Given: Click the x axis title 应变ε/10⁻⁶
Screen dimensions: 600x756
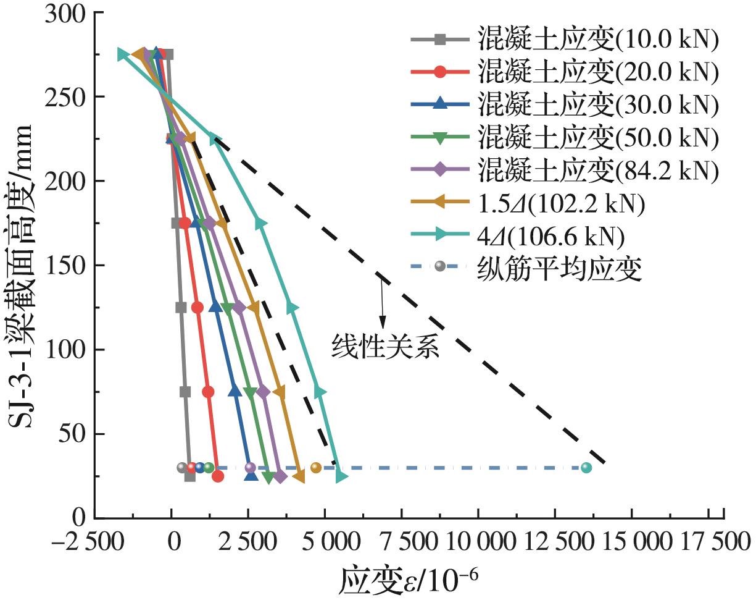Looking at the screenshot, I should (x=408, y=581).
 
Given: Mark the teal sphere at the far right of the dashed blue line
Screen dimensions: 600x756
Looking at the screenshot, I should (x=586, y=468).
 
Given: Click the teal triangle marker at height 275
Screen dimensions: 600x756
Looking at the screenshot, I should (x=122, y=54).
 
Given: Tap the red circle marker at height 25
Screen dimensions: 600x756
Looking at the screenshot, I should (x=218, y=476).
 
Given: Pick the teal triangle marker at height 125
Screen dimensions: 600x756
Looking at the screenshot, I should (x=293, y=308).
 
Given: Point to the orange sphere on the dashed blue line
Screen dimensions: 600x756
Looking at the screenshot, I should (x=316, y=468).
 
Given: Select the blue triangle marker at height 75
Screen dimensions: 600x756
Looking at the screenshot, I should (x=235, y=392).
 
